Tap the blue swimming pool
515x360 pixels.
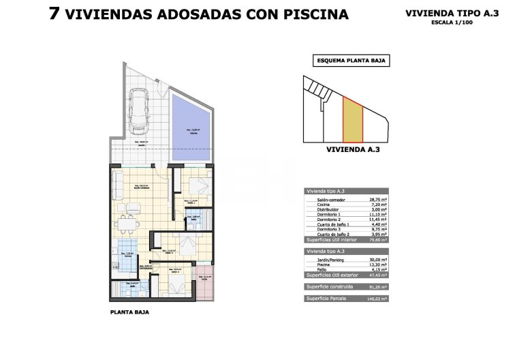pos(192,130)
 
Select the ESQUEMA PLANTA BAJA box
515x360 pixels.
pos(352,61)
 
